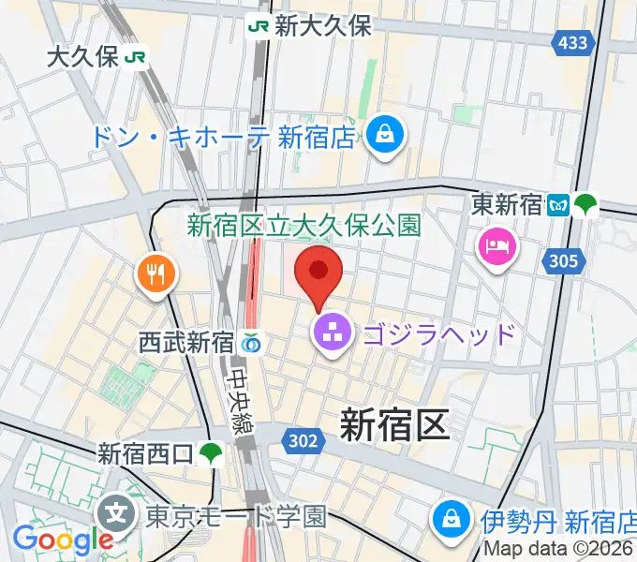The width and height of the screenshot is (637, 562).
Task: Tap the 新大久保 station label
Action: point(322,26)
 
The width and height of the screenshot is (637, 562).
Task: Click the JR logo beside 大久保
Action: point(136,57)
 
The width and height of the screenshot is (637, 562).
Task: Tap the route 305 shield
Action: point(564,261)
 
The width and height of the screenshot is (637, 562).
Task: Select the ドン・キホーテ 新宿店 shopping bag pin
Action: point(385,136)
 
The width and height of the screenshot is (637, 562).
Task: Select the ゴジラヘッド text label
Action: point(438,333)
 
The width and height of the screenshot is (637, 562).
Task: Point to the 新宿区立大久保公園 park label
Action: point(304,225)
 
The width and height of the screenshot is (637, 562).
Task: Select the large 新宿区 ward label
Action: point(393,424)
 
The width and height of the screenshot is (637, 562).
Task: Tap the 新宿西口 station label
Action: point(146,455)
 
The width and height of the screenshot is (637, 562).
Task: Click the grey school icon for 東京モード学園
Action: point(117,513)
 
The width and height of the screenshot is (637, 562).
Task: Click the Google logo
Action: point(63,540)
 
